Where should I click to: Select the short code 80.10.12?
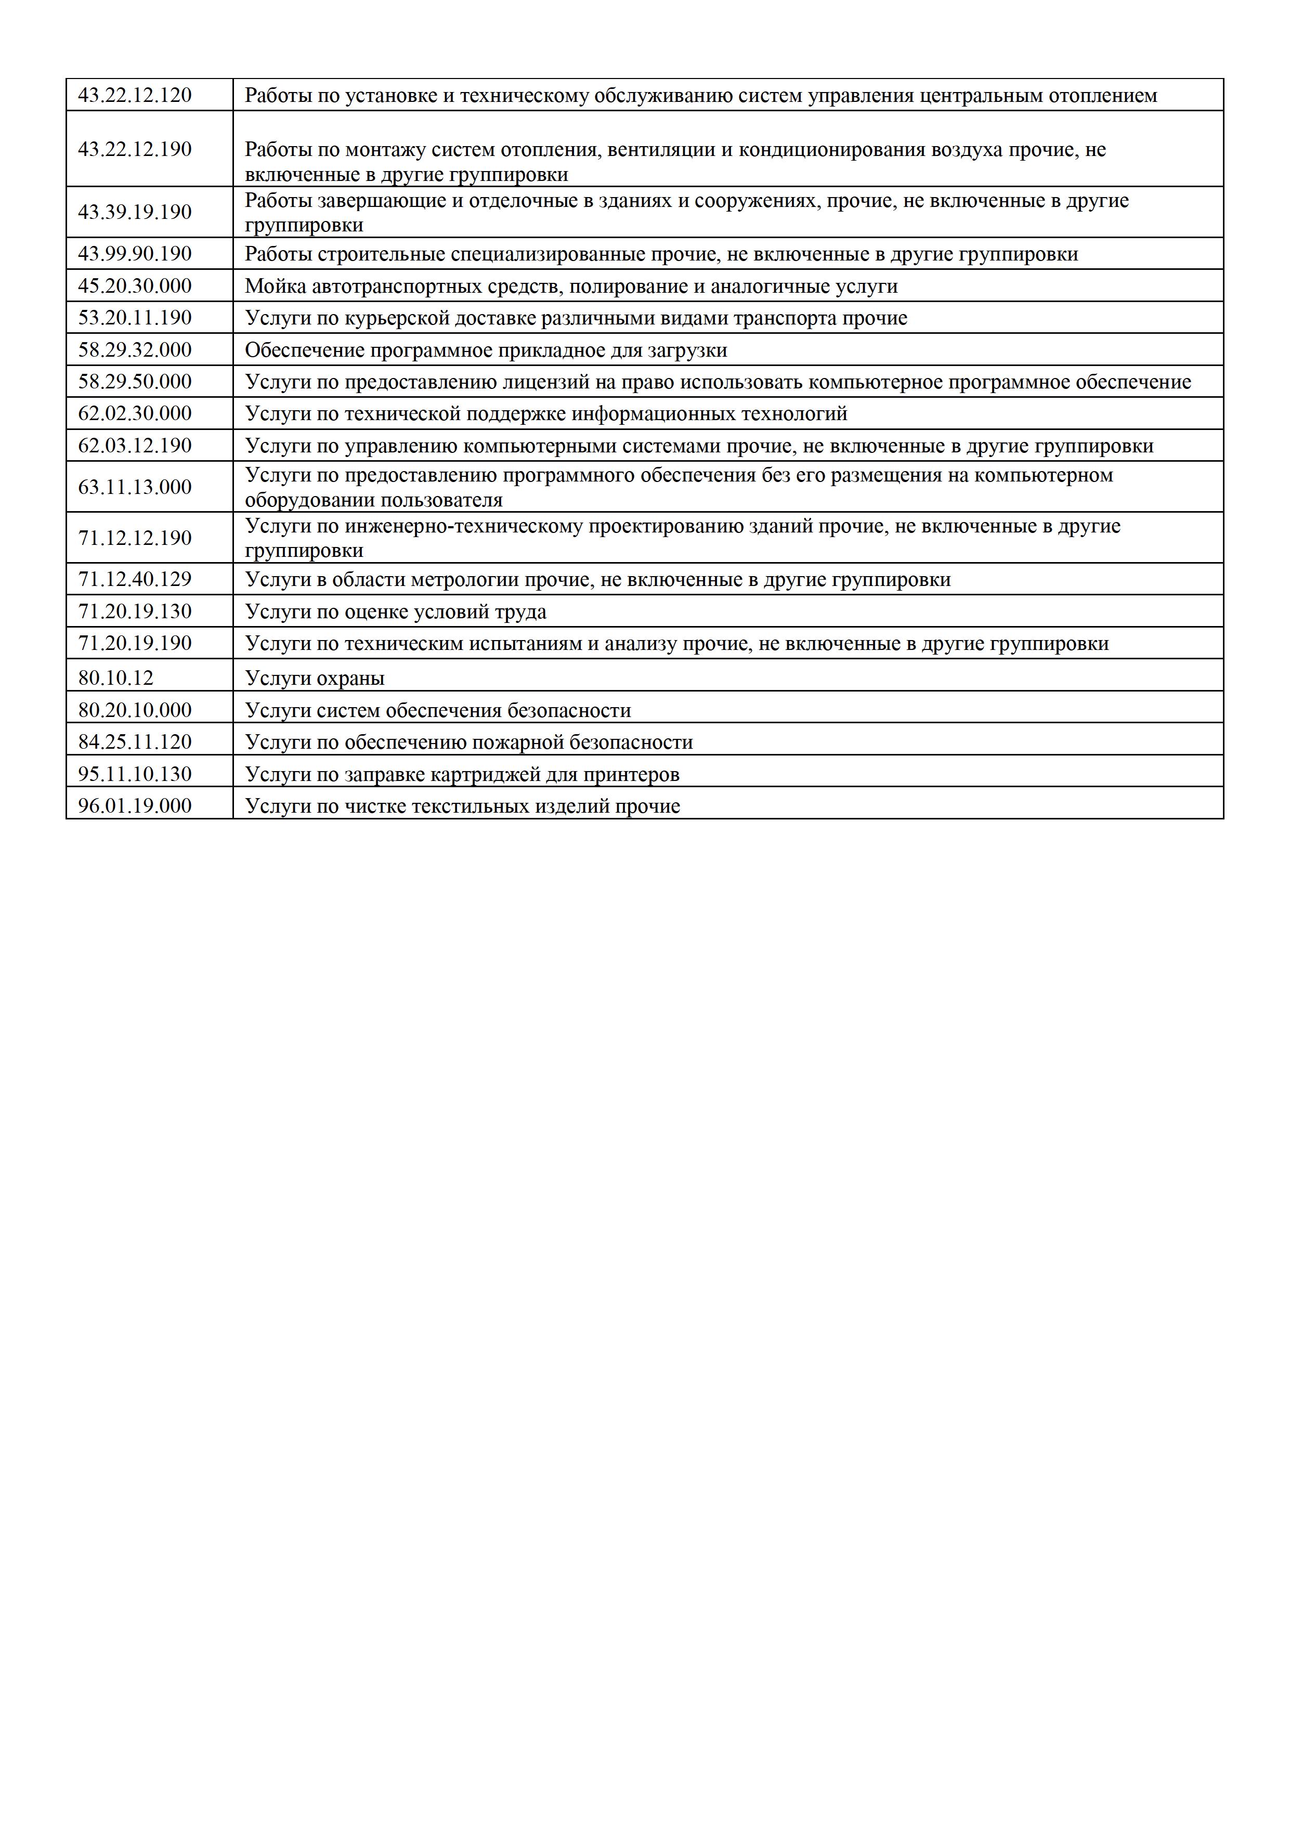(x=115, y=679)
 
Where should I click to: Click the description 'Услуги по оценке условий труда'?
(x=396, y=611)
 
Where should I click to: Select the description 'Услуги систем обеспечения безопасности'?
(x=438, y=710)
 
